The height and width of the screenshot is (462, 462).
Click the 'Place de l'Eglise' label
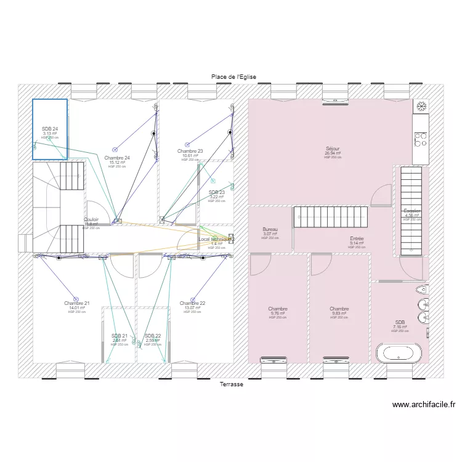(233, 76)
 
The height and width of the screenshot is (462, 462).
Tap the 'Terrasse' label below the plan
(232, 384)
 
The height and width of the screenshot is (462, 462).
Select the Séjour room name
(333, 149)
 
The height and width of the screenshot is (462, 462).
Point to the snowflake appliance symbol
(421, 107)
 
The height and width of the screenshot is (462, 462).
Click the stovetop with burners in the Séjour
(421, 140)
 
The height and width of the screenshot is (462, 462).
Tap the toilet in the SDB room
(423, 290)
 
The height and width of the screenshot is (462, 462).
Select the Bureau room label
(270, 229)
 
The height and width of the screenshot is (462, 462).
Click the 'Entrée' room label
(357, 238)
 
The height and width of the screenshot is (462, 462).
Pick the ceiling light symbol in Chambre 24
(115, 149)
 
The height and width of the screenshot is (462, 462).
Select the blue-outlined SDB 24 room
(50, 129)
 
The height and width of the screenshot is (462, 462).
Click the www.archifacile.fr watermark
(424, 405)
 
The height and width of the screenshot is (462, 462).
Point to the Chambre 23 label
(190, 151)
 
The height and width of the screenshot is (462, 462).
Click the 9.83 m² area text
(339, 314)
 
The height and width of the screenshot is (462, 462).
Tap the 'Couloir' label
(91, 219)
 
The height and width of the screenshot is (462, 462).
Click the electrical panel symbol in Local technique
(231, 239)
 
